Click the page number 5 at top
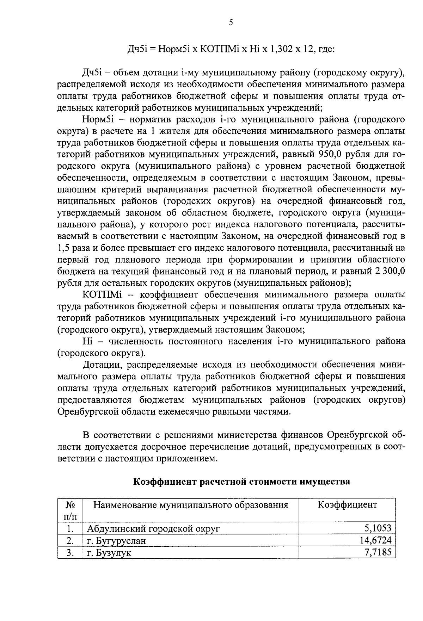pyautogui.click(x=231, y=23)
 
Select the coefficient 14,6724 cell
pyautogui.click(x=375, y=541)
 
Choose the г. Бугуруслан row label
pyautogui.click(x=116, y=541)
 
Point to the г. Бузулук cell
pyautogui.click(x=109, y=553)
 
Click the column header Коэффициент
pyautogui.click(x=347, y=505)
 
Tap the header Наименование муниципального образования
pyautogui.click(x=190, y=505)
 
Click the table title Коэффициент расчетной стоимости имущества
pyautogui.click(x=241, y=482)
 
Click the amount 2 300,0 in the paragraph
pyautogui.click(x=387, y=272)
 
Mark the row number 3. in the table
pyautogui.click(x=70, y=553)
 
